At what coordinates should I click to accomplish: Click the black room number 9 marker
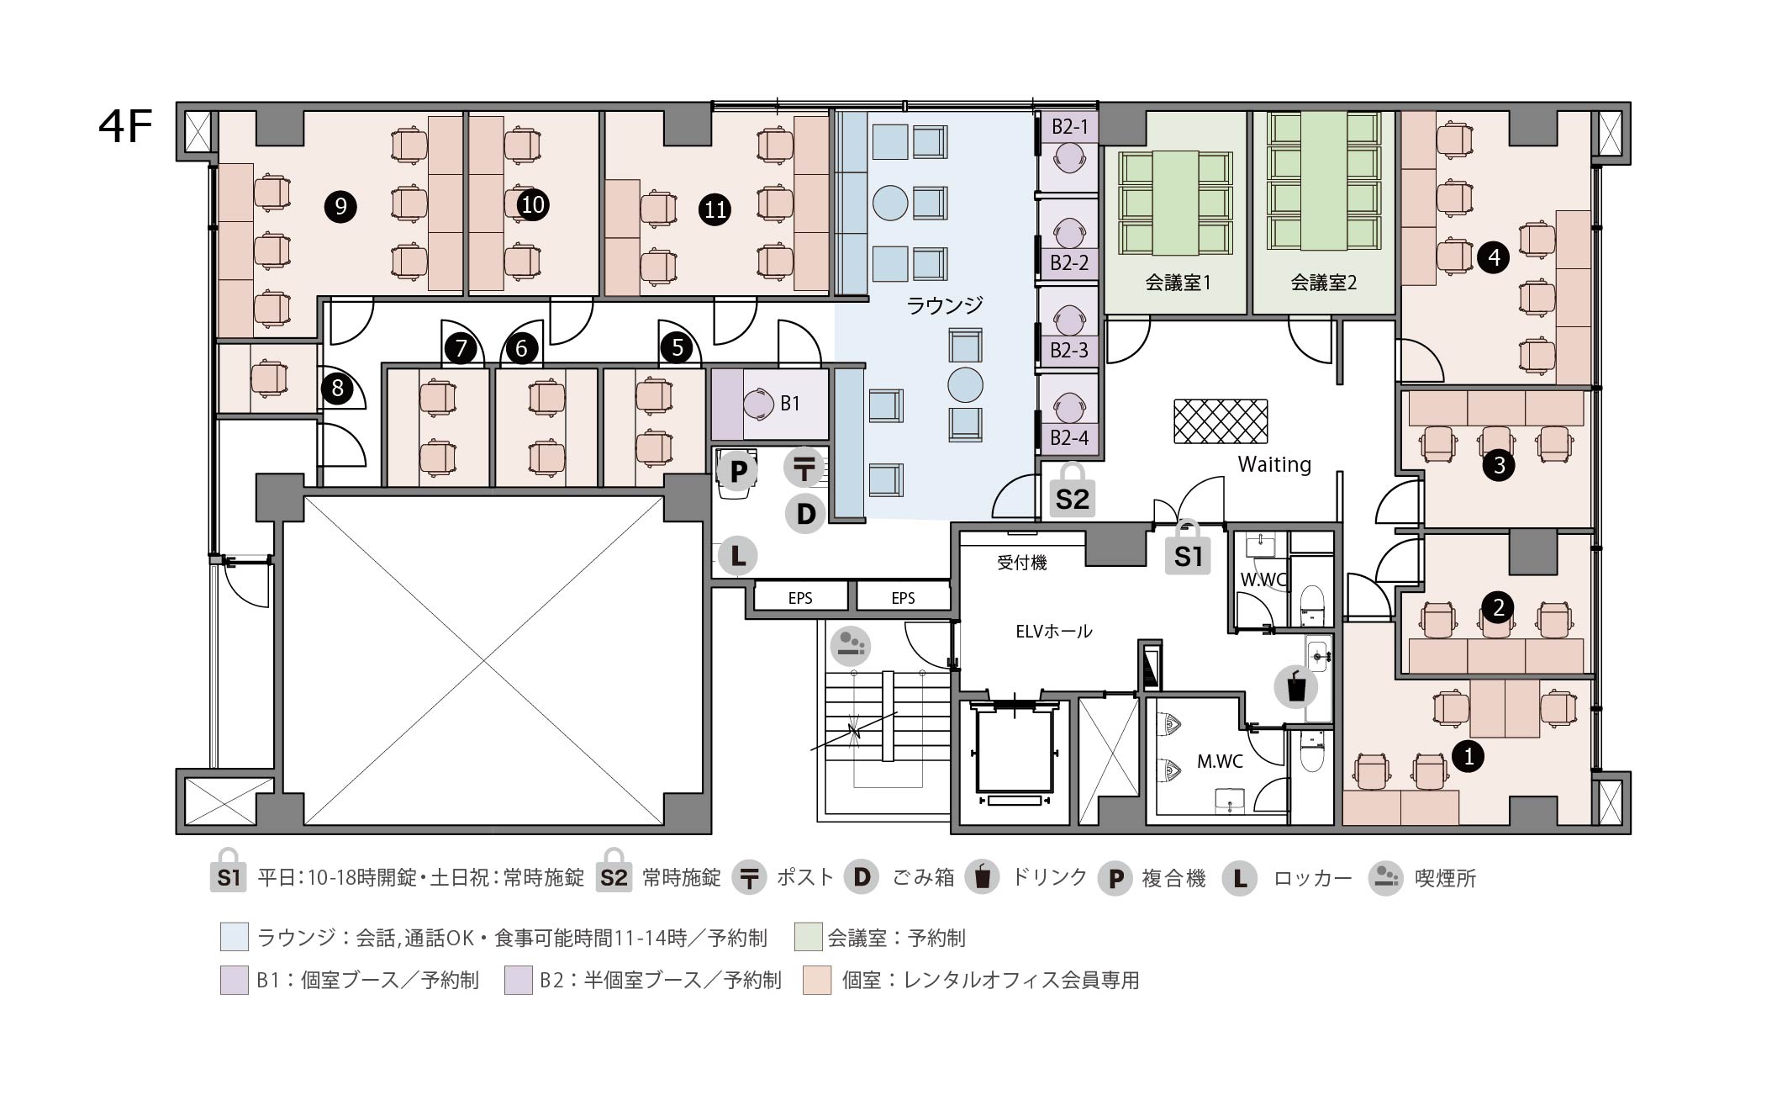click(x=340, y=206)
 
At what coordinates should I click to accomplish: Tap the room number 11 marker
click(x=715, y=209)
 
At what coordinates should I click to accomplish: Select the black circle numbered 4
click(x=1494, y=257)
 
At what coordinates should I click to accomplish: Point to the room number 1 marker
click(x=1469, y=756)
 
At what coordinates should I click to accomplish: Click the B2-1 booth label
click(x=1069, y=127)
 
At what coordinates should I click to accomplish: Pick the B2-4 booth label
click(x=1069, y=437)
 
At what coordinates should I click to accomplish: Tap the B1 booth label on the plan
click(x=790, y=404)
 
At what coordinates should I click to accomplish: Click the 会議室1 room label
click(x=1178, y=283)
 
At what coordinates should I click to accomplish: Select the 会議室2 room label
click(x=1323, y=283)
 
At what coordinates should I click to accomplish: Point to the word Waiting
click(x=1274, y=464)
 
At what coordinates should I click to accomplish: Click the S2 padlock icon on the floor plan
click(x=1072, y=489)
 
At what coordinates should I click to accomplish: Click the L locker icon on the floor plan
click(x=737, y=555)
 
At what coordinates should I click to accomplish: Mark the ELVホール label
click(x=1054, y=631)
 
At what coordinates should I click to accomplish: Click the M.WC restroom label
click(x=1220, y=761)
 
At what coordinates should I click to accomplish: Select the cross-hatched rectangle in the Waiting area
click(x=1221, y=421)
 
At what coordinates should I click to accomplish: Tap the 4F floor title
click(x=125, y=128)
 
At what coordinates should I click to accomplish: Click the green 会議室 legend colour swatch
click(x=808, y=937)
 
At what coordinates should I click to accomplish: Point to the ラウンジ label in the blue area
click(x=945, y=304)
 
